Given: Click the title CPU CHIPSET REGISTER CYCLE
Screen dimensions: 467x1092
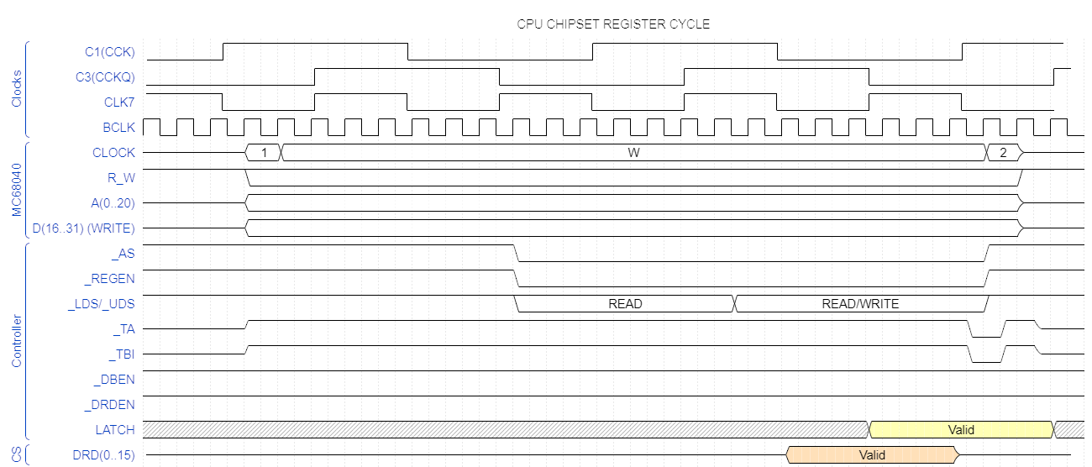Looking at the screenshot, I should [x=613, y=24].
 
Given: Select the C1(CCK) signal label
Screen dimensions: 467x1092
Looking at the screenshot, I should [x=110, y=52].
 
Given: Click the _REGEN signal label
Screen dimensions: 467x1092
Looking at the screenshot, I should [x=111, y=279].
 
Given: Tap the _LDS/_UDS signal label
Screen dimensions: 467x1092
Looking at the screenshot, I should [x=101, y=304].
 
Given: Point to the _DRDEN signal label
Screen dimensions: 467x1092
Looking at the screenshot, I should [x=110, y=405].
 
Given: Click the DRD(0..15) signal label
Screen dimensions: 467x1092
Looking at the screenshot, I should [x=103, y=455].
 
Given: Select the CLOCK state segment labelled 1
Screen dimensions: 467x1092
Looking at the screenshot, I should [x=264, y=153].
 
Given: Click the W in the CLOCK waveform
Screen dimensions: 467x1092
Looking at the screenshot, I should [x=633, y=153].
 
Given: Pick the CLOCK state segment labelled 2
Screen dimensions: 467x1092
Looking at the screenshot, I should [x=1003, y=153].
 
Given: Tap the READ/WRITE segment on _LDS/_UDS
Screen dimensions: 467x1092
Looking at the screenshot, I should [x=860, y=304].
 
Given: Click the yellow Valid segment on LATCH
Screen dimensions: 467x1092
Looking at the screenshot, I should [x=961, y=430].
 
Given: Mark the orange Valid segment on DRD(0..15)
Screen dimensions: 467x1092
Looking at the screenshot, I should [x=872, y=455].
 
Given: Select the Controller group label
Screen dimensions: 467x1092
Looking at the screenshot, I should [x=17, y=341].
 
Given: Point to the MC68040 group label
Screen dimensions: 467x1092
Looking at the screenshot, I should [x=17, y=190].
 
